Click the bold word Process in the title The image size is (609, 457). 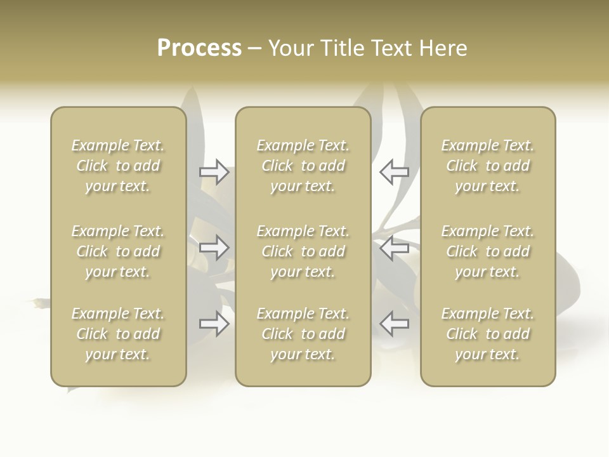click(199, 48)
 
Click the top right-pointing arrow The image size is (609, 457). click(214, 171)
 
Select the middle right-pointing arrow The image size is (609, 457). click(214, 248)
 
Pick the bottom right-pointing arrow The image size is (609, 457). click(214, 324)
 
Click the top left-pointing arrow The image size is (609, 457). click(394, 171)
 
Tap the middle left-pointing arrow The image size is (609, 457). click(394, 248)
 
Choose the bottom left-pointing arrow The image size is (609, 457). click(394, 324)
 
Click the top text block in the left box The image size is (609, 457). click(118, 166)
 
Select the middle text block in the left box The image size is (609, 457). click(118, 251)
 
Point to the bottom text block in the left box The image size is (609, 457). click(118, 334)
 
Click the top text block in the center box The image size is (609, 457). click(303, 166)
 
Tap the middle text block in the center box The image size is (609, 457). click(303, 251)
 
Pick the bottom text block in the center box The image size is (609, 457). click(303, 334)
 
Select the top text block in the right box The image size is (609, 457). click(487, 166)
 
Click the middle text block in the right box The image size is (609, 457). click(487, 251)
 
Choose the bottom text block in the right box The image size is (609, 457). click(487, 334)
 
